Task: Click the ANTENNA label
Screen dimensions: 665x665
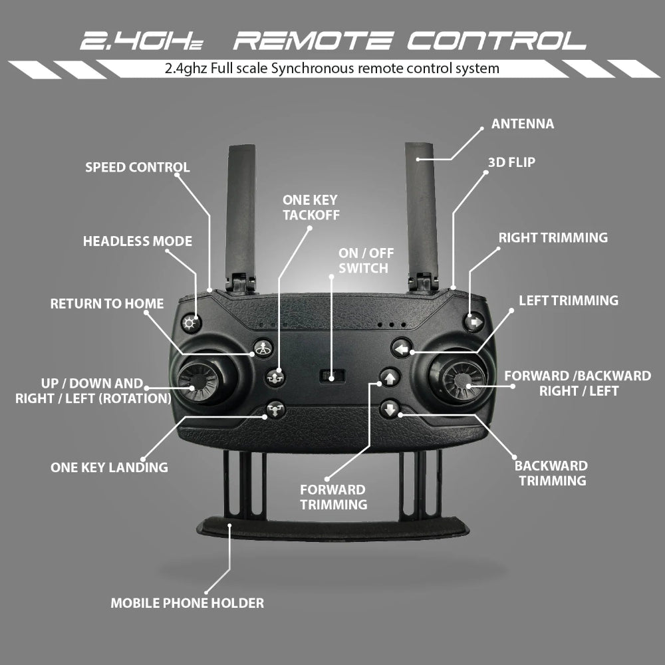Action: [522, 124]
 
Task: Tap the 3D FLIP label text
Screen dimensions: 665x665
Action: [511, 162]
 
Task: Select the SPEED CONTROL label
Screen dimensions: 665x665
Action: [138, 167]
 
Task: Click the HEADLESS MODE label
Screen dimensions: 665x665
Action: [138, 241]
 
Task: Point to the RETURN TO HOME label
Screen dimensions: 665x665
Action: [107, 304]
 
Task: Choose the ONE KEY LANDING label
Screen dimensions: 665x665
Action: [109, 467]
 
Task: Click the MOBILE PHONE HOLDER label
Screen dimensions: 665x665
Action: [187, 604]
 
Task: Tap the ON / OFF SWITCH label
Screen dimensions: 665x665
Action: [363, 261]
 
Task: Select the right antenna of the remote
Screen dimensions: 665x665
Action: [422, 206]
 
